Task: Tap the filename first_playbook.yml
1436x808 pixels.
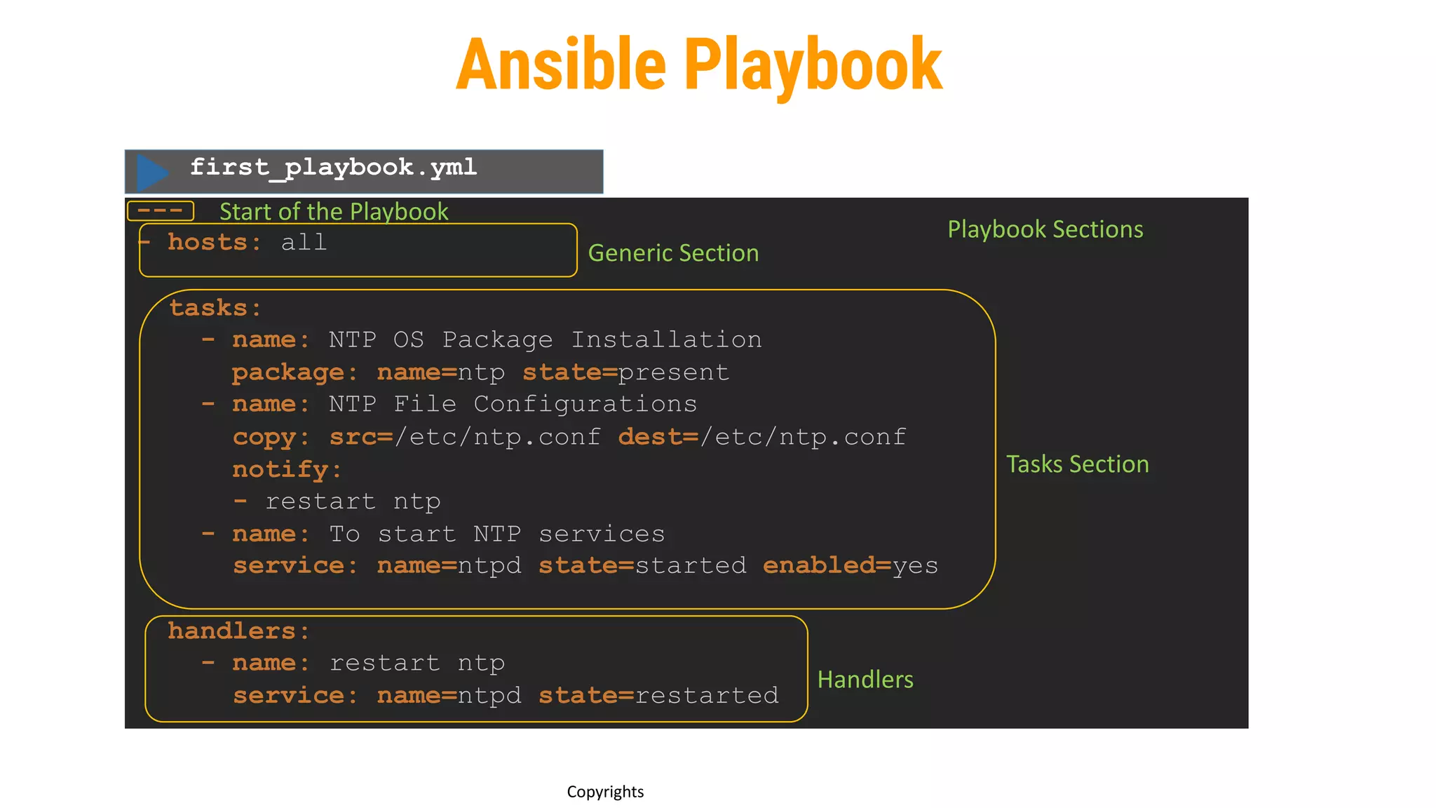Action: coord(333,167)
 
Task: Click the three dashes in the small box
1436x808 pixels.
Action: coord(160,210)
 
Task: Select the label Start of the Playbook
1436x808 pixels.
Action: coord(334,211)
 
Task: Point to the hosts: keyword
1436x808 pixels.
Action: coord(214,243)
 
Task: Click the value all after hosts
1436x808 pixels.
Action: coord(304,243)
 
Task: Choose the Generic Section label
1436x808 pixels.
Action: coord(673,252)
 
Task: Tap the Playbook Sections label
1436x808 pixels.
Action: coord(1045,229)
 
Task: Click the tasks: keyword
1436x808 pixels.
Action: coord(215,308)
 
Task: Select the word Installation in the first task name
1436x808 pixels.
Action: coord(666,340)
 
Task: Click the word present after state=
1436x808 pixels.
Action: coord(673,372)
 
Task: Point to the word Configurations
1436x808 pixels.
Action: coord(585,405)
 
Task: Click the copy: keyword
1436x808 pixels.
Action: coord(271,437)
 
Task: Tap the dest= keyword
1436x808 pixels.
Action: coord(658,437)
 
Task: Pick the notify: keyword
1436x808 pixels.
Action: coord(286,469)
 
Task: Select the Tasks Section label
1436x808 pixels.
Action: coord(1077,464)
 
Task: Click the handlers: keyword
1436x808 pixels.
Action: coord(238,631)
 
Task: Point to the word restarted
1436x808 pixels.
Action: coord(707,695)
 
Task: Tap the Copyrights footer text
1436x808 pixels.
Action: coord(605,792)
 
